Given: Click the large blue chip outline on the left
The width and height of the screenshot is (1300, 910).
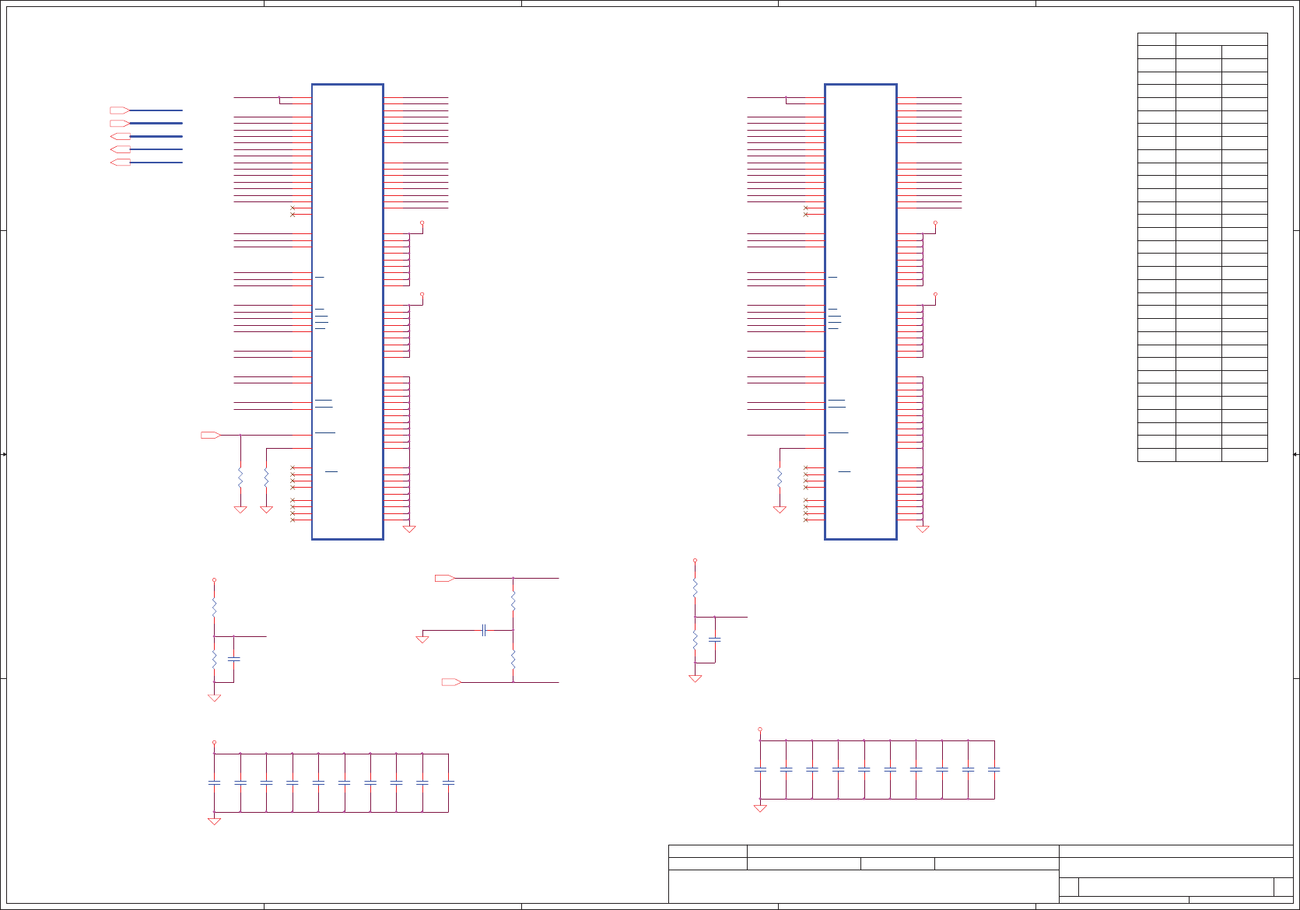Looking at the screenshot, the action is pos(347,311).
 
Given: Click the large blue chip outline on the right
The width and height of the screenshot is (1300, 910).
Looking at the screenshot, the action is pos(860,311).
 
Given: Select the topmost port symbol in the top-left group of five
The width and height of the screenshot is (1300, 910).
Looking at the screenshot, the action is pos(120,110).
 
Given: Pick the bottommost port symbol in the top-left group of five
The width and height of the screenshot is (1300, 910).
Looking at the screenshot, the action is pos(120,163).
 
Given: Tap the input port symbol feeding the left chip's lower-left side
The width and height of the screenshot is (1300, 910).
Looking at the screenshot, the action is pos(210,435).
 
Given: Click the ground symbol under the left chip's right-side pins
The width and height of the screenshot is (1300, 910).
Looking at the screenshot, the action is pos(409,529).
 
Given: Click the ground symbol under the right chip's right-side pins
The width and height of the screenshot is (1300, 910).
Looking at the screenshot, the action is pos(923,529).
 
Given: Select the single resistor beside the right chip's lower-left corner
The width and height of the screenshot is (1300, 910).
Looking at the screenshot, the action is pos(780,477).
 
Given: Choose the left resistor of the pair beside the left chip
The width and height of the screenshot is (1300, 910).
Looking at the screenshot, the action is pos(240,477).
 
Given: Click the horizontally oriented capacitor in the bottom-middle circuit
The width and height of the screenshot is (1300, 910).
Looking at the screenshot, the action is pos(484,630).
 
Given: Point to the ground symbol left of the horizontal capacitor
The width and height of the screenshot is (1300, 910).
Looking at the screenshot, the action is pos(422,639).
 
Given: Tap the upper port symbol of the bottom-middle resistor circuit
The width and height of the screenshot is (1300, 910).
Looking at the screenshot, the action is pos(444,578).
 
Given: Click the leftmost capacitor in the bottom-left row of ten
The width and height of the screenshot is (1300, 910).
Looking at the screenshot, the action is pos(214,782).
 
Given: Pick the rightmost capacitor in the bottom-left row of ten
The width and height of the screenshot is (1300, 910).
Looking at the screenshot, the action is pos(448,782).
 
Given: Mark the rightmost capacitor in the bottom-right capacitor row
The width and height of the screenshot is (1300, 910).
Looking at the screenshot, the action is pos(994,769).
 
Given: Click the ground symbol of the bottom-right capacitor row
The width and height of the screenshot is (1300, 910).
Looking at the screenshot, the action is pos(760,808).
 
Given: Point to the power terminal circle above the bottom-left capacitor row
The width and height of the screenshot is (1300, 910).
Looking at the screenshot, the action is pos(214,743).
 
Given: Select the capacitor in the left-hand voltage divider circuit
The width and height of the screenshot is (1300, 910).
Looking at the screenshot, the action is pos(233,659).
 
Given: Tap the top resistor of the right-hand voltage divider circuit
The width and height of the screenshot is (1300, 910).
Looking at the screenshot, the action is pos(695,587).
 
